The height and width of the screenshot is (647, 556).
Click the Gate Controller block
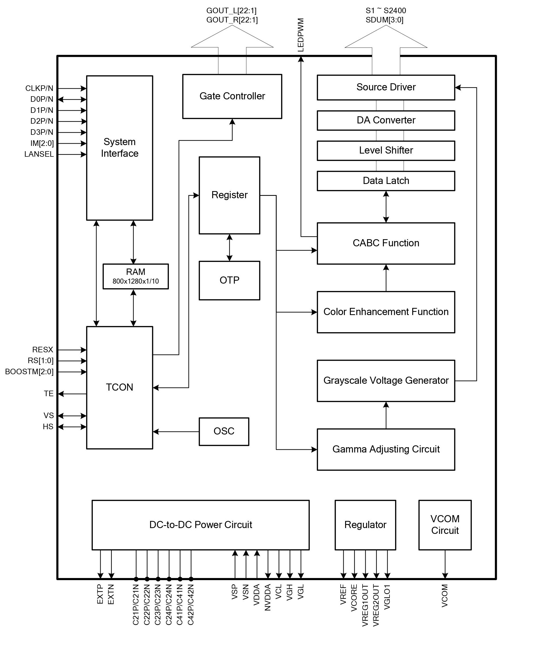click(232, 96)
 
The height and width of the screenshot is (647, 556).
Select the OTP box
click(229, 280)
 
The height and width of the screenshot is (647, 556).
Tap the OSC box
click(224, 431)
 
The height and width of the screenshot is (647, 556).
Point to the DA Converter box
click(386, 120)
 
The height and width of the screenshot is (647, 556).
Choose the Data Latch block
click(386, 181)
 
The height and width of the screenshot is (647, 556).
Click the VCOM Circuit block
click(444, 525)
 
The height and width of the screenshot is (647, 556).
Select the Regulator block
click(365, 525)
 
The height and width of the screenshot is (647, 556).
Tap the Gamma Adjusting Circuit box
click(386, 449)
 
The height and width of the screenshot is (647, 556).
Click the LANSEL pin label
click(39, 154)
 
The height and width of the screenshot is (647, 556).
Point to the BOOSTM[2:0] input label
click(29, 372)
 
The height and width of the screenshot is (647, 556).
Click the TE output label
click(49, 394)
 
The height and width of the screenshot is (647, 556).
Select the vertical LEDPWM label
click(301, 35)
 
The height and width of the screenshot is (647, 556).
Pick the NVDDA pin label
click(267, 597)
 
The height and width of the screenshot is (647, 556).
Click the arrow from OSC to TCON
click(176, 432)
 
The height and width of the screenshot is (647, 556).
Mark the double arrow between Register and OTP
click(229, 247)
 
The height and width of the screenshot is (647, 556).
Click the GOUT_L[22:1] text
click(231, 11)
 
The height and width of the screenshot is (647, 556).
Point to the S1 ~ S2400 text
click(386, 11)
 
